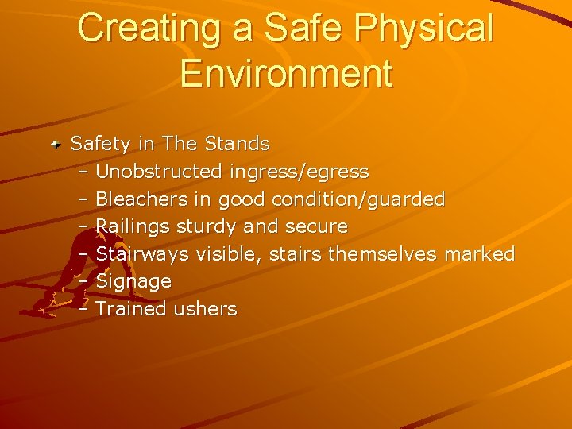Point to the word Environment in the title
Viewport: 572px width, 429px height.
point(286,73)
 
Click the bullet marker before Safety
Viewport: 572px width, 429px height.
point(56,145)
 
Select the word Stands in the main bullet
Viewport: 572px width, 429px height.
point(237,144)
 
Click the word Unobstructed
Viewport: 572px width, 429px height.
point(159,172)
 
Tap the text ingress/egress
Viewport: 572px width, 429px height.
point(299,172)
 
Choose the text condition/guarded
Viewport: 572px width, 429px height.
point(358,199)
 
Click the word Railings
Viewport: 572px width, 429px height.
point(133,227)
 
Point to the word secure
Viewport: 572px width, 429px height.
point(315,226)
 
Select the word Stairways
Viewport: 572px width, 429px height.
point(142,254)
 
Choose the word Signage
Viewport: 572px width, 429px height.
point(133,282)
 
